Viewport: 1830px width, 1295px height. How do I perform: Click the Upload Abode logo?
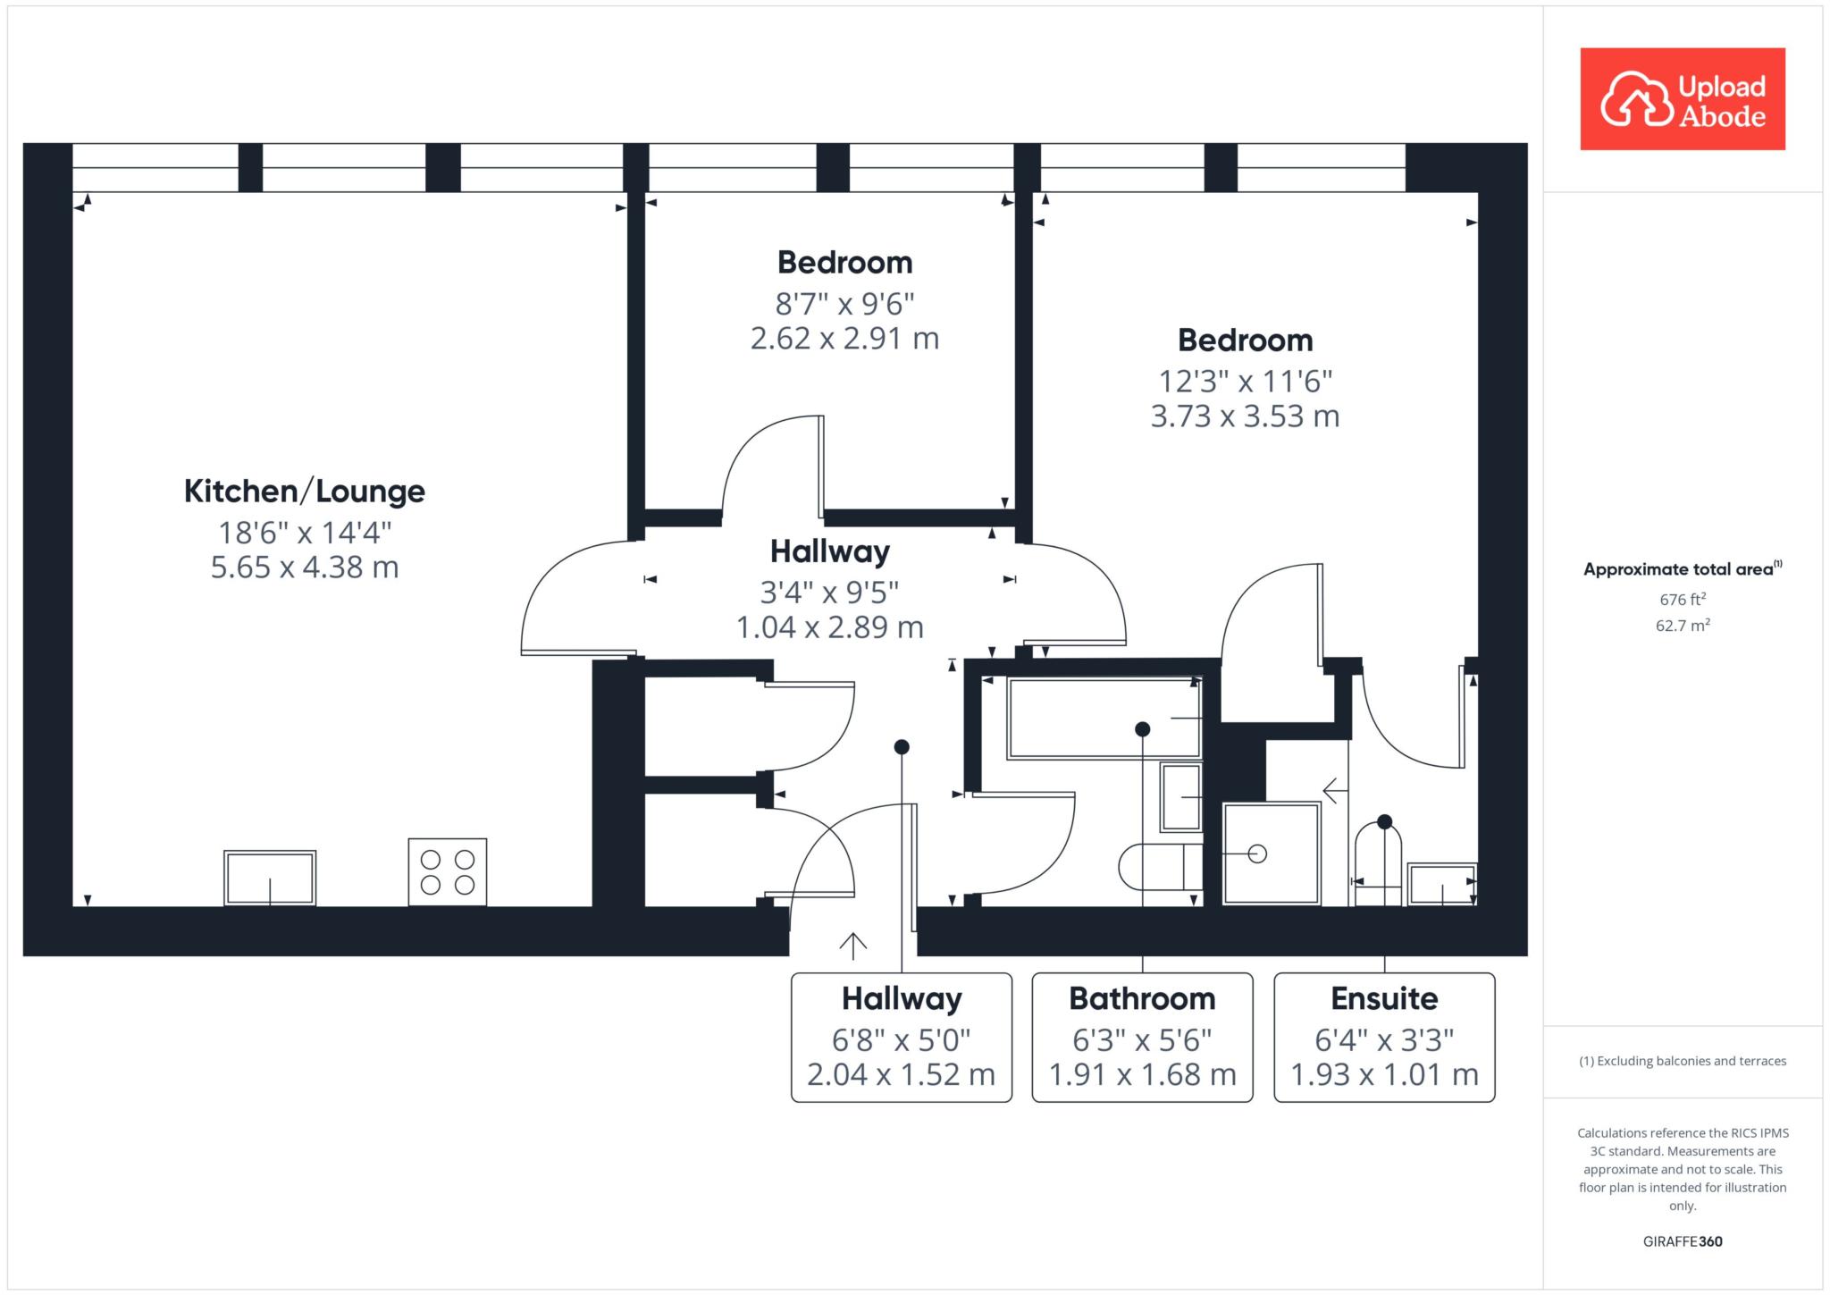(1683, 98)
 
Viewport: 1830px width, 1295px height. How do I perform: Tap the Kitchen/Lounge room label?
(305, 491)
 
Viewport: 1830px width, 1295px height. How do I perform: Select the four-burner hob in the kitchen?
(448, 872)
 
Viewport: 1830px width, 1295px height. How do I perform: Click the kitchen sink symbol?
(270, 878)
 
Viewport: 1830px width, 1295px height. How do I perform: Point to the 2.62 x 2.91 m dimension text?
(844, 339)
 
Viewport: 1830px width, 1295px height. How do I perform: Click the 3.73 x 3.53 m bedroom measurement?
(1245, 416)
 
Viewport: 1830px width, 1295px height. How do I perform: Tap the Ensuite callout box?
(1384, 1037)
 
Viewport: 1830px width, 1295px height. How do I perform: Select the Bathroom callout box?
(1143, 1037)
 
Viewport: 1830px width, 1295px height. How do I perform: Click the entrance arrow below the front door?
(853, 946)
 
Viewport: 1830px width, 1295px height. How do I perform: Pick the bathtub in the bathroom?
(1104, 719)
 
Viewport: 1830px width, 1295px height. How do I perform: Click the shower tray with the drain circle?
(1272, 854)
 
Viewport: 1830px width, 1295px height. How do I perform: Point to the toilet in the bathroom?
(1160, 866)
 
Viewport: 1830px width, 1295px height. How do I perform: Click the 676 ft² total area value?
(1683, 599)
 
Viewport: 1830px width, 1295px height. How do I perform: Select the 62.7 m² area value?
(1683, 625)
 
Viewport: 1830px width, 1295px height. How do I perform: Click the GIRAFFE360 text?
(1683, 1241)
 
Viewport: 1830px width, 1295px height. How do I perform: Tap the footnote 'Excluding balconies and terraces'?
(1683, 1061)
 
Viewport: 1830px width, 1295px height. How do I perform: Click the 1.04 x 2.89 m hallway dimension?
(830, 627)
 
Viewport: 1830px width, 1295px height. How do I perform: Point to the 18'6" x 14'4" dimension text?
(305, 533)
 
